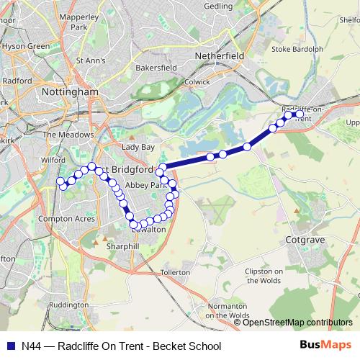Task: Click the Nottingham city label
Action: point(70,93)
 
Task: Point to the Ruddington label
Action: point(69,305)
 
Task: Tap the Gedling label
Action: point(218,5)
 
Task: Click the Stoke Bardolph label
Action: point(297,50)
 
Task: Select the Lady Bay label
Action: point(138,146)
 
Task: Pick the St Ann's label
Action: point(90,60)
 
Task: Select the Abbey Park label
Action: point(140,185)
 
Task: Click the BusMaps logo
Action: point(327,346)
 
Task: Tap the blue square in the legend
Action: point(10,346)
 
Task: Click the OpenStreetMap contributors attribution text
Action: point(297,323)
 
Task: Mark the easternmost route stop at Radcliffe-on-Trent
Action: point(300,113)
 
